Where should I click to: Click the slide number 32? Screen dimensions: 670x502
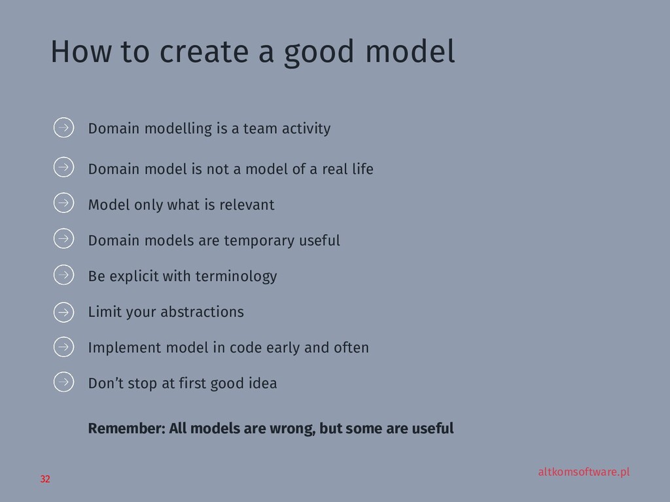pos(44,480)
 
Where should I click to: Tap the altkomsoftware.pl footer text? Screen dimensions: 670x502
pos(584,472)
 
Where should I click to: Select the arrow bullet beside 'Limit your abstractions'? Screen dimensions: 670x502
pos(63,312)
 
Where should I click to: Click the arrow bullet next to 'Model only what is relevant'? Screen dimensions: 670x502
pos(63,203)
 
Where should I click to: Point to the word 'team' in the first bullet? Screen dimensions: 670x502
pos(260,129)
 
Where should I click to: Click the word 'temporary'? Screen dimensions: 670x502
pos(259,241)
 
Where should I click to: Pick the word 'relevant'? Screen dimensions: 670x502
pos(247,205)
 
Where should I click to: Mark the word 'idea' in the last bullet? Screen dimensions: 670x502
pos(263,383)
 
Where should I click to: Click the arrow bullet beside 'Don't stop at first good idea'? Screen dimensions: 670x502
pos(63,381)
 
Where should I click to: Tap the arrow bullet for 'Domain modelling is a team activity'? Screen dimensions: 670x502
pos(63,127)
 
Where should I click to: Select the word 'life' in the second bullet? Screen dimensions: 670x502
pos(362,169)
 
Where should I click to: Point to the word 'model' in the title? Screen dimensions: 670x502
pos(410,53)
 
